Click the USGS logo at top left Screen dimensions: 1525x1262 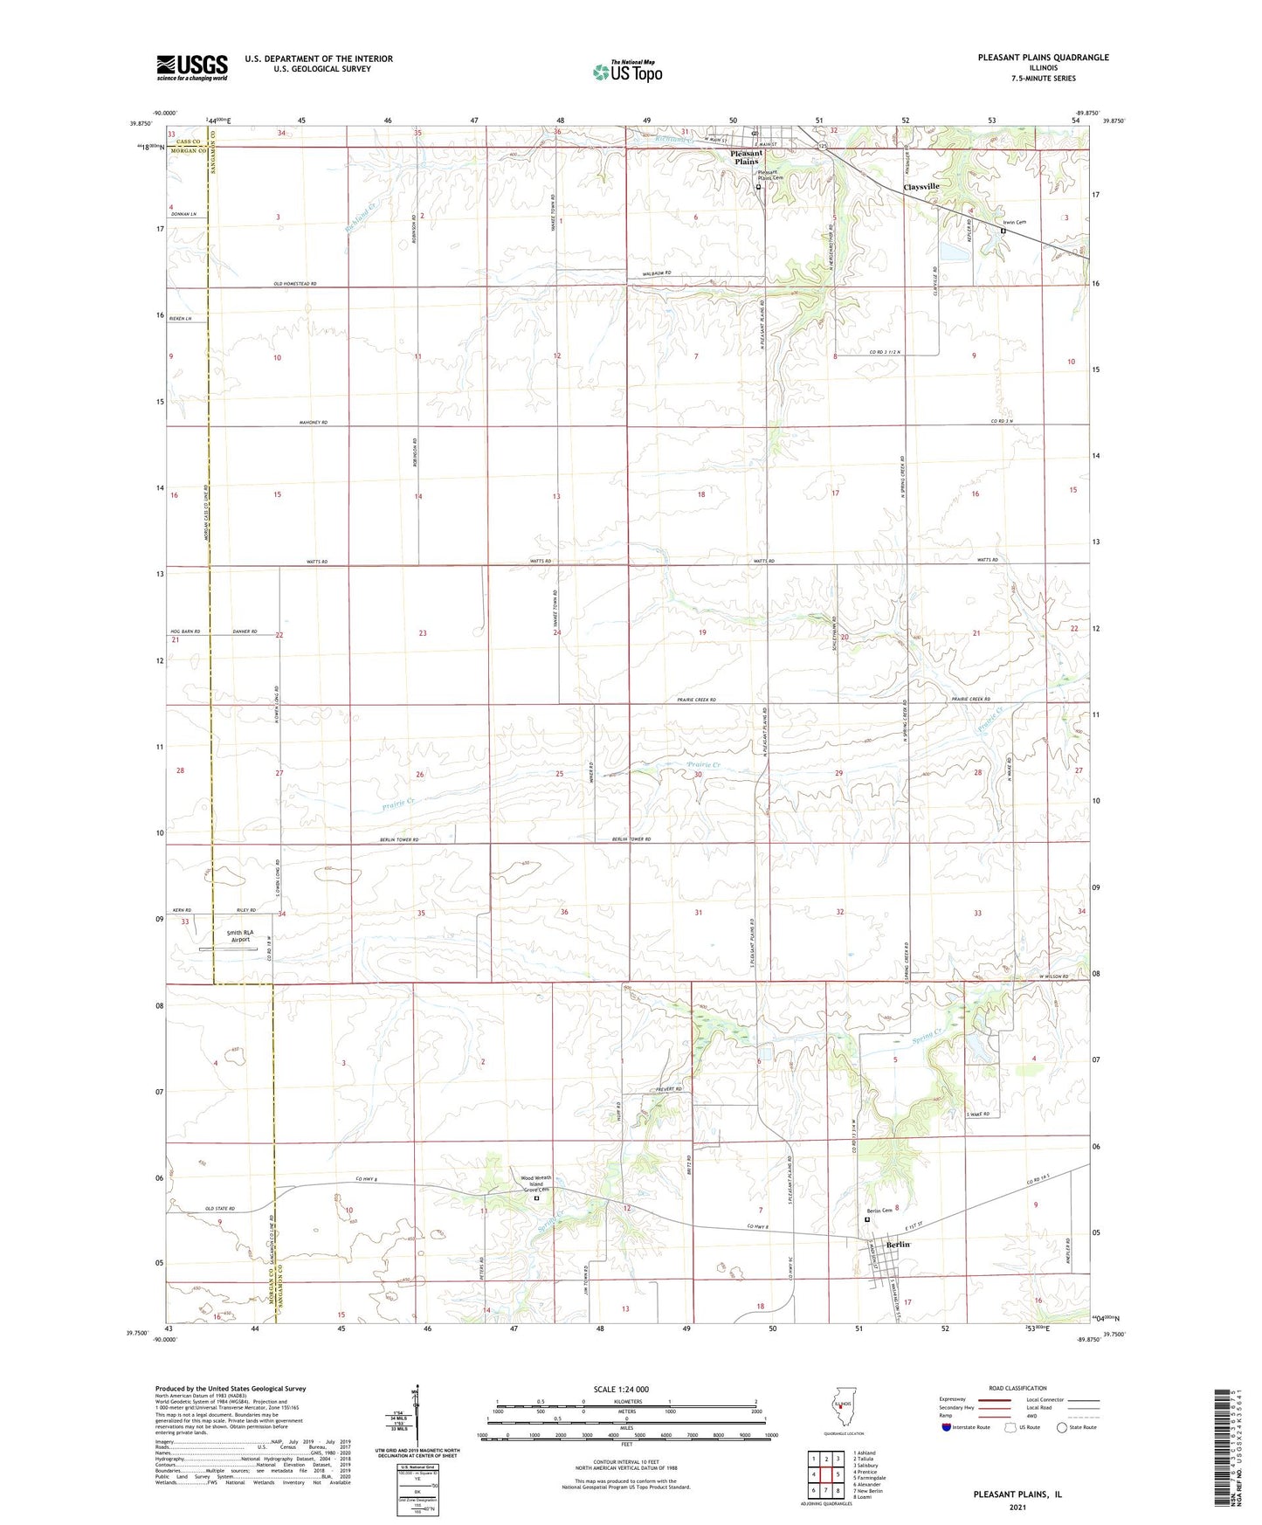pyautogui.click(x=192, y=67)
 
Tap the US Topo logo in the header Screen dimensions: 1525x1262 pyautogui.click(x=628, y=72)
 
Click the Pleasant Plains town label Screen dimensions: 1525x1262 pyautogui.click(x=746, y=157)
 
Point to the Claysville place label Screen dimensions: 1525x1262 pyautogui.click(x=921, y=187)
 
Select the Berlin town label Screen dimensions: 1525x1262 pyautogui.click(x=898, y=1245)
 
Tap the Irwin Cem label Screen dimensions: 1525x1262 pyautogui.click(x=1014, y=223)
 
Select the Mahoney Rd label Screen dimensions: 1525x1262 pyautogui.click(x=312, y=423)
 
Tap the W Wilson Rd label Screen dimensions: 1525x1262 pyautogui.click(x=1053, y=976)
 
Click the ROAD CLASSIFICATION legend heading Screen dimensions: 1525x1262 pyautogui.click(x=1017, y=1388)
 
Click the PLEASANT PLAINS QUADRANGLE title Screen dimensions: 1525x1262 pyautogui.click(x=1043, y=58)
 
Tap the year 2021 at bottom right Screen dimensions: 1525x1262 pyautogui.click(x=1017, y=1507)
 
